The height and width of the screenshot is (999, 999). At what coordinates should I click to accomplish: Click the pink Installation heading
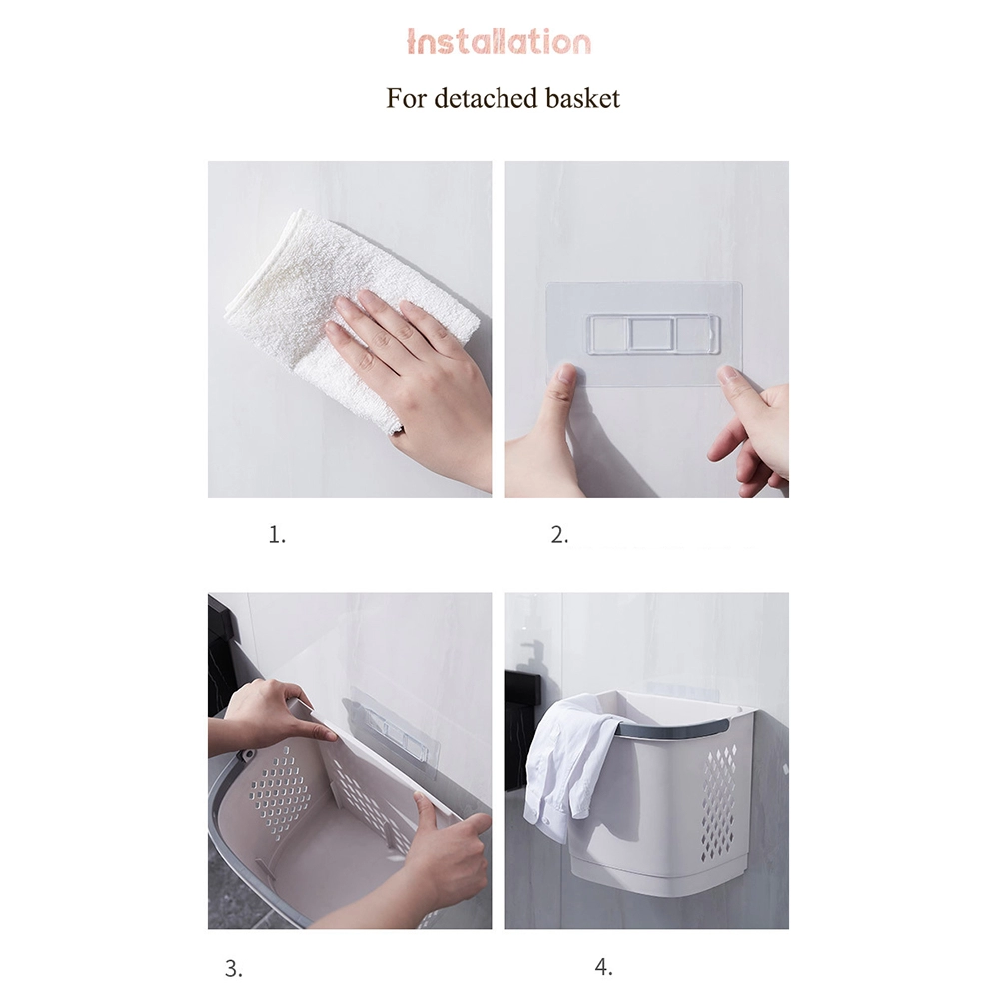click(x=499, y=42)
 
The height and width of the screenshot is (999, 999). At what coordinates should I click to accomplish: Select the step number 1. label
click(x=277, y=535)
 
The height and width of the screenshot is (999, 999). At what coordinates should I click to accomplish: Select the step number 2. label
click(x=560, y=535)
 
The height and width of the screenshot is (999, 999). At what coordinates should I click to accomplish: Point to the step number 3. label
click(x=234, y=968)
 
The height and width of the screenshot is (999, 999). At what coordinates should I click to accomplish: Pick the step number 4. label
click(x=604, y=967)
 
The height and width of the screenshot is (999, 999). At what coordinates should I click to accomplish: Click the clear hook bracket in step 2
click(x=653, y=333)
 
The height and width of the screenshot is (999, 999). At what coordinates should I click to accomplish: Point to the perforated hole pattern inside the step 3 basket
click(x=281, y=790)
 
